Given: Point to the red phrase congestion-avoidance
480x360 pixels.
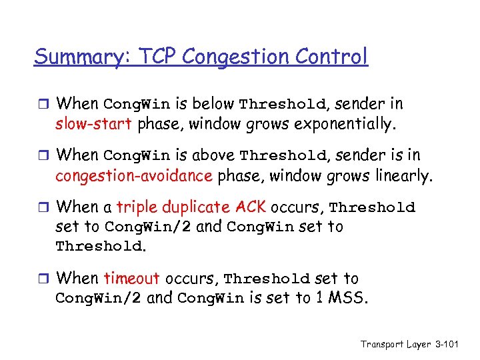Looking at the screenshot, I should [133, 175].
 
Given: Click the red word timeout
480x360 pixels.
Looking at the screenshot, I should [131, 278].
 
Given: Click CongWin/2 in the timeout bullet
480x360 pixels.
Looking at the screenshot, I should [98, 297].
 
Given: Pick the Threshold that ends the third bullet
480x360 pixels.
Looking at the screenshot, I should [98, 246].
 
